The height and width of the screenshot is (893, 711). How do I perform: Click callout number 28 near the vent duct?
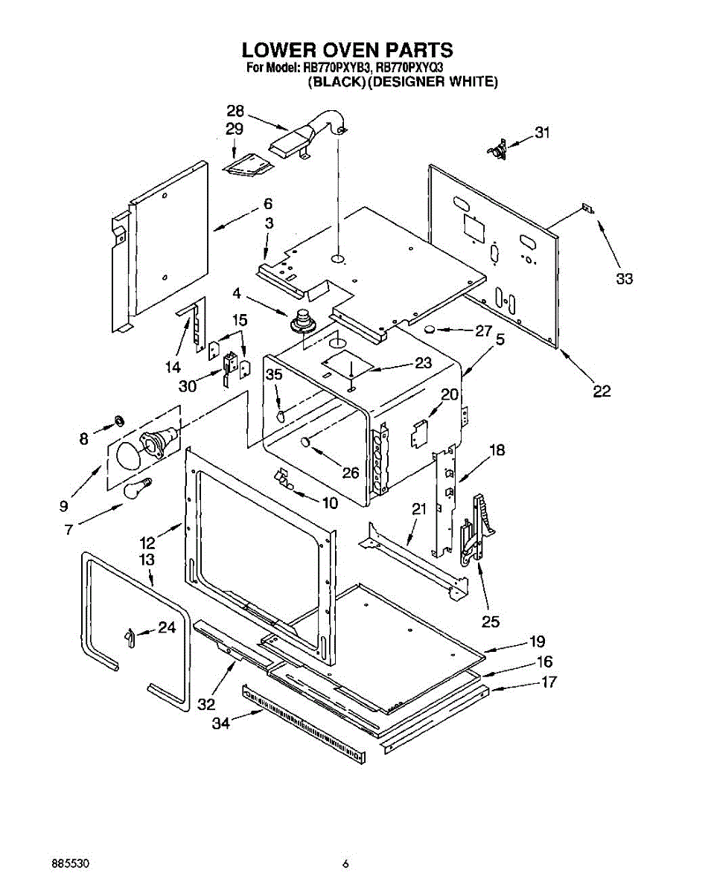(x=235, y=111)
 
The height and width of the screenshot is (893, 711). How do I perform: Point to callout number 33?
(x=624, y=278)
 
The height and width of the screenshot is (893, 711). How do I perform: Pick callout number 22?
(x=602, y=391)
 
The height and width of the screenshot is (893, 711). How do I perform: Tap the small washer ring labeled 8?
(x=120, y=421)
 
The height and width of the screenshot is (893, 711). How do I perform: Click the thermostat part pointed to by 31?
(x=497, y=149)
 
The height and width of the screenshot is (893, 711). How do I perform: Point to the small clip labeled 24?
(x=130, y=638)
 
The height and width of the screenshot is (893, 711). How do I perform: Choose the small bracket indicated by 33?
(x=588, y=208)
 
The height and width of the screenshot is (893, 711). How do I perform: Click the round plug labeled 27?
(x=430, y=330)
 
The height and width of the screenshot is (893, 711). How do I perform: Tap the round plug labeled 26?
(x=306, y=442)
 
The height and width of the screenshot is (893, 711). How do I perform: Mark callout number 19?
(x=537, y=641)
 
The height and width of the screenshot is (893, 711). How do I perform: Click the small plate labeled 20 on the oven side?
(x=419, y=435)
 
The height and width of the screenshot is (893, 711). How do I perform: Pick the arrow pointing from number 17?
(x=514, y=688)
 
